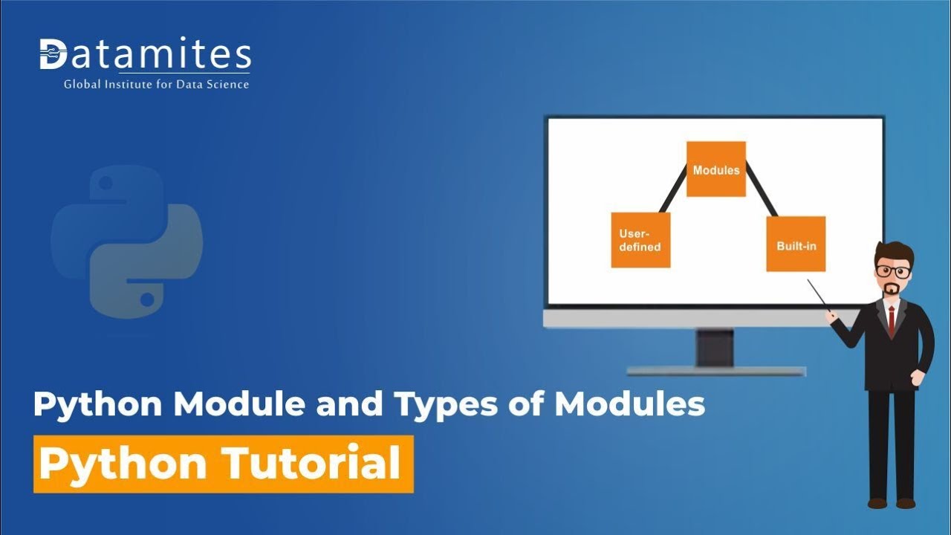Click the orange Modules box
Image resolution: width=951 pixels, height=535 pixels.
[715, 169]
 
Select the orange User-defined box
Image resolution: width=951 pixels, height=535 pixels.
[640, 240]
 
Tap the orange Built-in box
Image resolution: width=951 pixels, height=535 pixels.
[796, 244]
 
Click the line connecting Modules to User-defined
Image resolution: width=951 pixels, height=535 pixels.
[672, 189]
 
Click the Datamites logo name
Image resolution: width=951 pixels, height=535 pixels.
[146, 55]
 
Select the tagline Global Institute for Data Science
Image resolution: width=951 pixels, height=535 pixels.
[156, 85]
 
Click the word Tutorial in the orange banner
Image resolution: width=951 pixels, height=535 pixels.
[311, 464]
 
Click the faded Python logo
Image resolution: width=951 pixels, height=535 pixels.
[127, 241]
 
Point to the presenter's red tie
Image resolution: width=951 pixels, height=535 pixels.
[892, 321]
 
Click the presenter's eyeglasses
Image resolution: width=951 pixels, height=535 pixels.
[893, 271]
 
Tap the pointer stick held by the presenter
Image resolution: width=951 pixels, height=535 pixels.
[817, 293]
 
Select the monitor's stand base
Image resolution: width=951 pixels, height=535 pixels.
[715, 370]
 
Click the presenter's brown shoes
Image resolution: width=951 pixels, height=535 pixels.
[892, 503]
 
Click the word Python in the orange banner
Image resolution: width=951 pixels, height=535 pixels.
[123, 464]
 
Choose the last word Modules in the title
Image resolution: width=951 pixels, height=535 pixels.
[629, 404]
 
